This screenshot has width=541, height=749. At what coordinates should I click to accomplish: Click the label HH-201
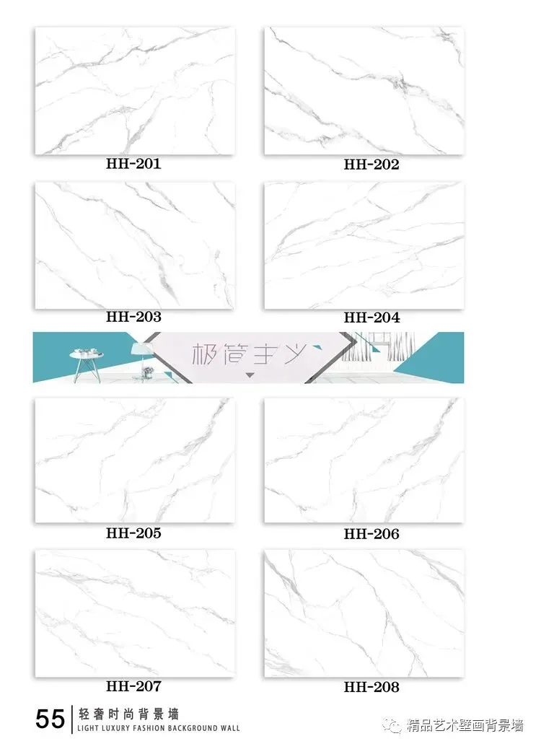[133, 163]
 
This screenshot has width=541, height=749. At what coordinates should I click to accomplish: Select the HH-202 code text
[371, 165]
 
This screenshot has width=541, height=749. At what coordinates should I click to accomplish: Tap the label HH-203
[133, 316]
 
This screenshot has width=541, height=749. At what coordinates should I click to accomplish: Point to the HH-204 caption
[371, 317]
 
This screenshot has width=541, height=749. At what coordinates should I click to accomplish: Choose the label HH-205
[133, 533]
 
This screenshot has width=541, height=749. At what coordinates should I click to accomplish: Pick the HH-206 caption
[371, 533]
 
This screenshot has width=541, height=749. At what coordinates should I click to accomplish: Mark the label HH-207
[133, 686]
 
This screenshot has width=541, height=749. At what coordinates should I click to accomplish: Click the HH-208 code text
[371, 687]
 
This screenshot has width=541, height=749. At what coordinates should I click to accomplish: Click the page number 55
[50, 719]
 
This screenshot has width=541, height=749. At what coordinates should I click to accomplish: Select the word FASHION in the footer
[142, 729]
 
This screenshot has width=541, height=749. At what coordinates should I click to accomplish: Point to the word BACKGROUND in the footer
[189, 729]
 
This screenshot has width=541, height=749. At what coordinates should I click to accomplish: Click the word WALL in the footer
[231, 729]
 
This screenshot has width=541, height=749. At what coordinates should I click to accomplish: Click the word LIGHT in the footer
[86, 729]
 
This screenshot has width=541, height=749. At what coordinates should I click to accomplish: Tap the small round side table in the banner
[87, 366]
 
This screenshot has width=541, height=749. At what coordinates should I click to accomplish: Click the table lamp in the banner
[138, 359]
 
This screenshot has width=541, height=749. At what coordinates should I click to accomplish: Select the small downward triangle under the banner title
[250, 375]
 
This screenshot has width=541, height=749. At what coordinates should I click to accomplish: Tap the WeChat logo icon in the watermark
[395, 726]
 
